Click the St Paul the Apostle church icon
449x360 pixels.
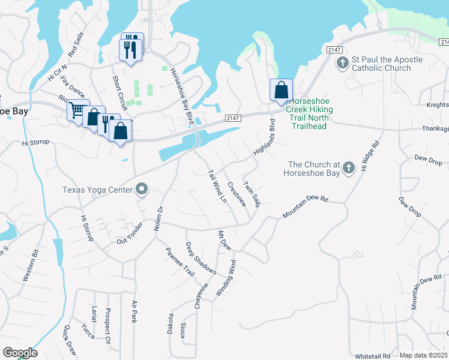pyautogui.click(x=342, y=62)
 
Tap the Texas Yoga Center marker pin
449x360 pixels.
pyautogui.click(x=142, y=190)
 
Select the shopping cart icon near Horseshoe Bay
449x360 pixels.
pyautogui.click(x=77, y=110)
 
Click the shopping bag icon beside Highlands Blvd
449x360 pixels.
pyautogui.click(x=280, y=91)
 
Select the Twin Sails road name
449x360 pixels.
pyautogui.click(x=252, y=192)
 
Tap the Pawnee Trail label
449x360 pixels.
pyautogui.click(x=180, y=262)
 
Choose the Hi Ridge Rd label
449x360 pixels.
pyautogui.click(x=368, y=156)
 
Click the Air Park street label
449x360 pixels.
pyautogui.click(x=134, y=313)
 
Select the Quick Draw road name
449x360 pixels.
pyautogui.click(x=70, y=340)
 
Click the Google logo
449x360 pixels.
pyautogui.click(x=20, y=353)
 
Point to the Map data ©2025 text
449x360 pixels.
pyautogui.click(x=423, y=355)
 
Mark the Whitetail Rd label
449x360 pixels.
pyautogui.click(x=373, y=356)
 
